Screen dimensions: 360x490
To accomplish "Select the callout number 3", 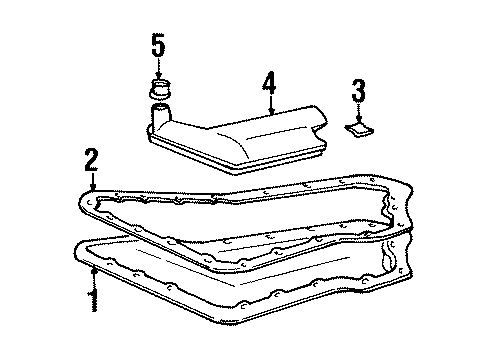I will pyautogui.click(x=356, y=91).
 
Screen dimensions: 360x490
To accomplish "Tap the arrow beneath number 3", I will pyautogui.click(x=356, y=113).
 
